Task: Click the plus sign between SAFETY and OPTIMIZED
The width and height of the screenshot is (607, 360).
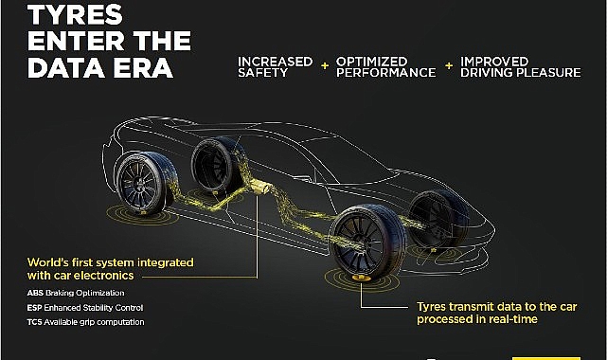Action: [324, 67]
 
